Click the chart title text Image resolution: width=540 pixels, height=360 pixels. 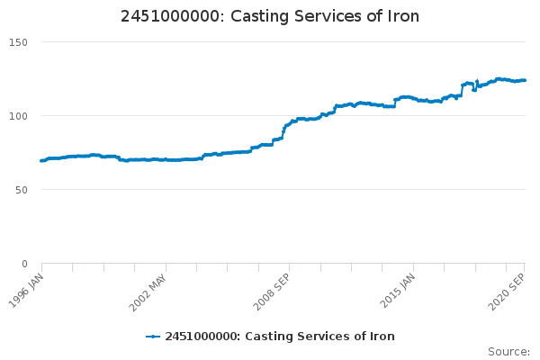point(270,17)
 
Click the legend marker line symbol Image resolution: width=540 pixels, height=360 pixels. point(153,337)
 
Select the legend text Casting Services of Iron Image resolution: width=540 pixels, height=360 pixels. point(280,337)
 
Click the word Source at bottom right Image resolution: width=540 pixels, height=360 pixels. point(508,351)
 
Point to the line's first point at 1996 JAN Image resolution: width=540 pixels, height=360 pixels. point(41,160)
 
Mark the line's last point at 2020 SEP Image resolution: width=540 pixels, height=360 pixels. point(525,80)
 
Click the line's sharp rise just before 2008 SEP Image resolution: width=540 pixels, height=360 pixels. point(283,131)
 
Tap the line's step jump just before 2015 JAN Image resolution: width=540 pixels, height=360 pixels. point(394,103)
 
